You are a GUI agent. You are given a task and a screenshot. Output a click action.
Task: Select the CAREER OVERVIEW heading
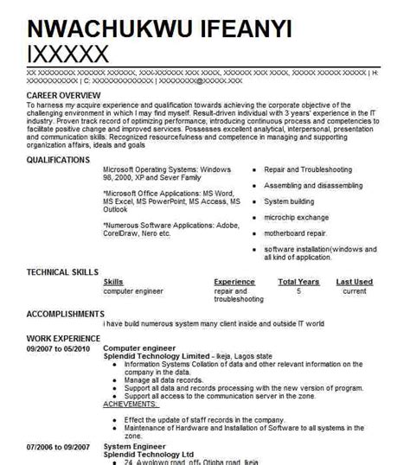coord(64,93)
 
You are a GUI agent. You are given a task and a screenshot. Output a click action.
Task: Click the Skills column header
coord(112,282)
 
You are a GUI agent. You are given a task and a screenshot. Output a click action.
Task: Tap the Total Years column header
coord(298,282)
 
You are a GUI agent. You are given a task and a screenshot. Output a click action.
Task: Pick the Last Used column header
coord(355,282)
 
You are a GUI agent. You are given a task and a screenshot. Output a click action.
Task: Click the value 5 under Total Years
coord(298,291)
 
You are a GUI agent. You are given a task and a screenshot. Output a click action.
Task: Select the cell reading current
coord(355,291)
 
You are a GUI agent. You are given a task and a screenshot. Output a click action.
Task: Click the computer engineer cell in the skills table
coord(133,291)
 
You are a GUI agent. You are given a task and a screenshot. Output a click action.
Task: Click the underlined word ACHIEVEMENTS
coord(130,404)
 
